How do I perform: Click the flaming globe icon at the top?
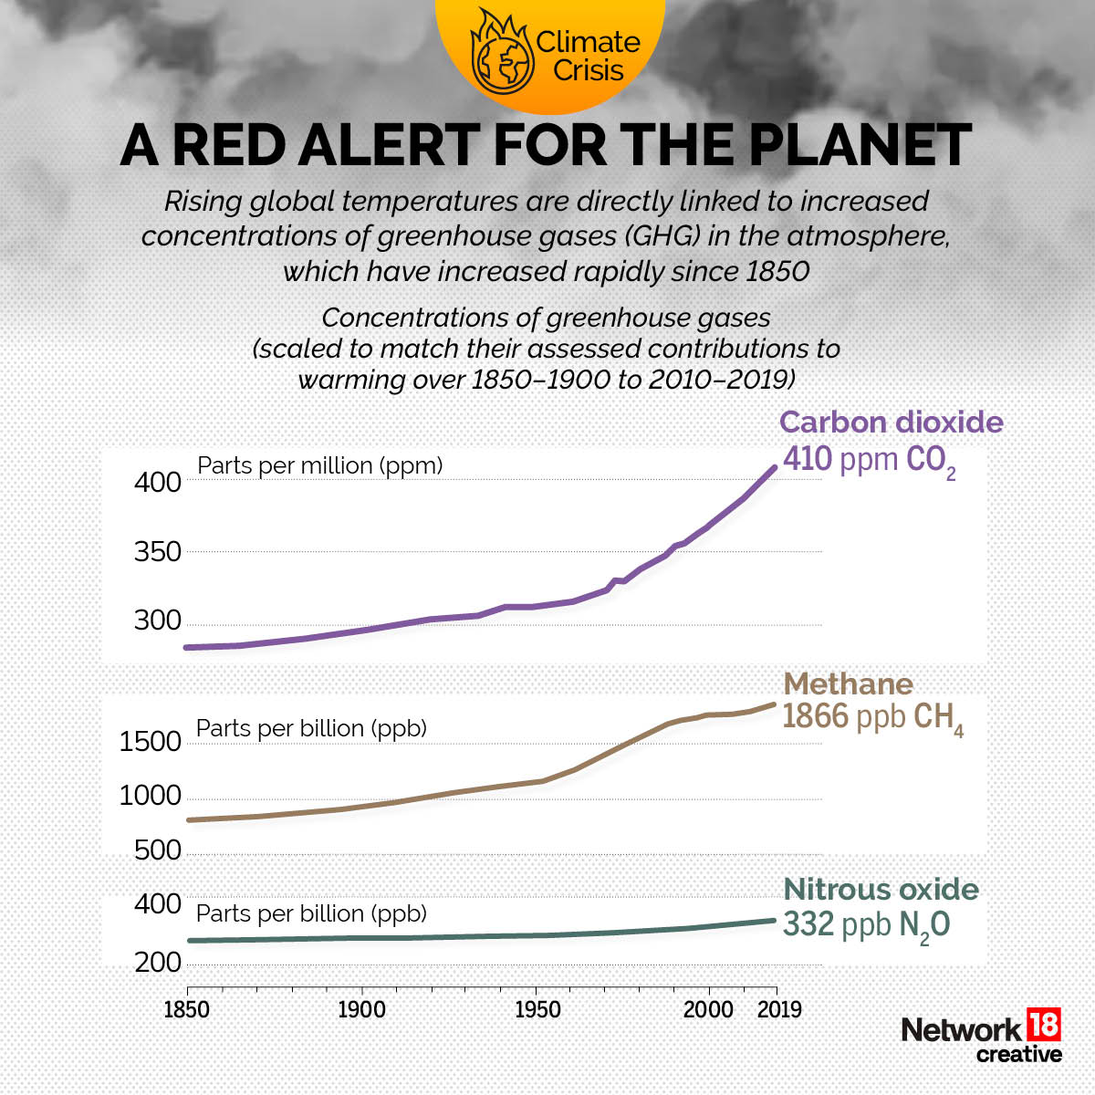(x=500, y=52)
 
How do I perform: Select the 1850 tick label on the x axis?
(x=187, y=1010)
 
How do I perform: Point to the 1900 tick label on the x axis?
(x=361, y=1010)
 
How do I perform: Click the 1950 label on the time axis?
(x=537, y=1010)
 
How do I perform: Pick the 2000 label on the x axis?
(x=709, y=1010)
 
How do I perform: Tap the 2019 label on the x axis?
(x=778, y=1010)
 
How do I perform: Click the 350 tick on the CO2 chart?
(x=157, y=552)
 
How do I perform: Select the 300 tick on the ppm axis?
(x=157, y=621)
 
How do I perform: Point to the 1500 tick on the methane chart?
(x=151, y=741)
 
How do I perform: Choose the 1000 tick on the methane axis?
(x=151, y=797)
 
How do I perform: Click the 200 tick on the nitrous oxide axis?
(x=158, y=963)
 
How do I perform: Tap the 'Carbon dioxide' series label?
(x=891, y=422)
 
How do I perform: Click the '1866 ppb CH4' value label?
(x=872, y=718)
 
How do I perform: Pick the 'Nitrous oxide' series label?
(x=881, y=890)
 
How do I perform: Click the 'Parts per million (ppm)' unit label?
(x=319, y=465)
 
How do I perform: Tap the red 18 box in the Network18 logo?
(x=1044, y=1025)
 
